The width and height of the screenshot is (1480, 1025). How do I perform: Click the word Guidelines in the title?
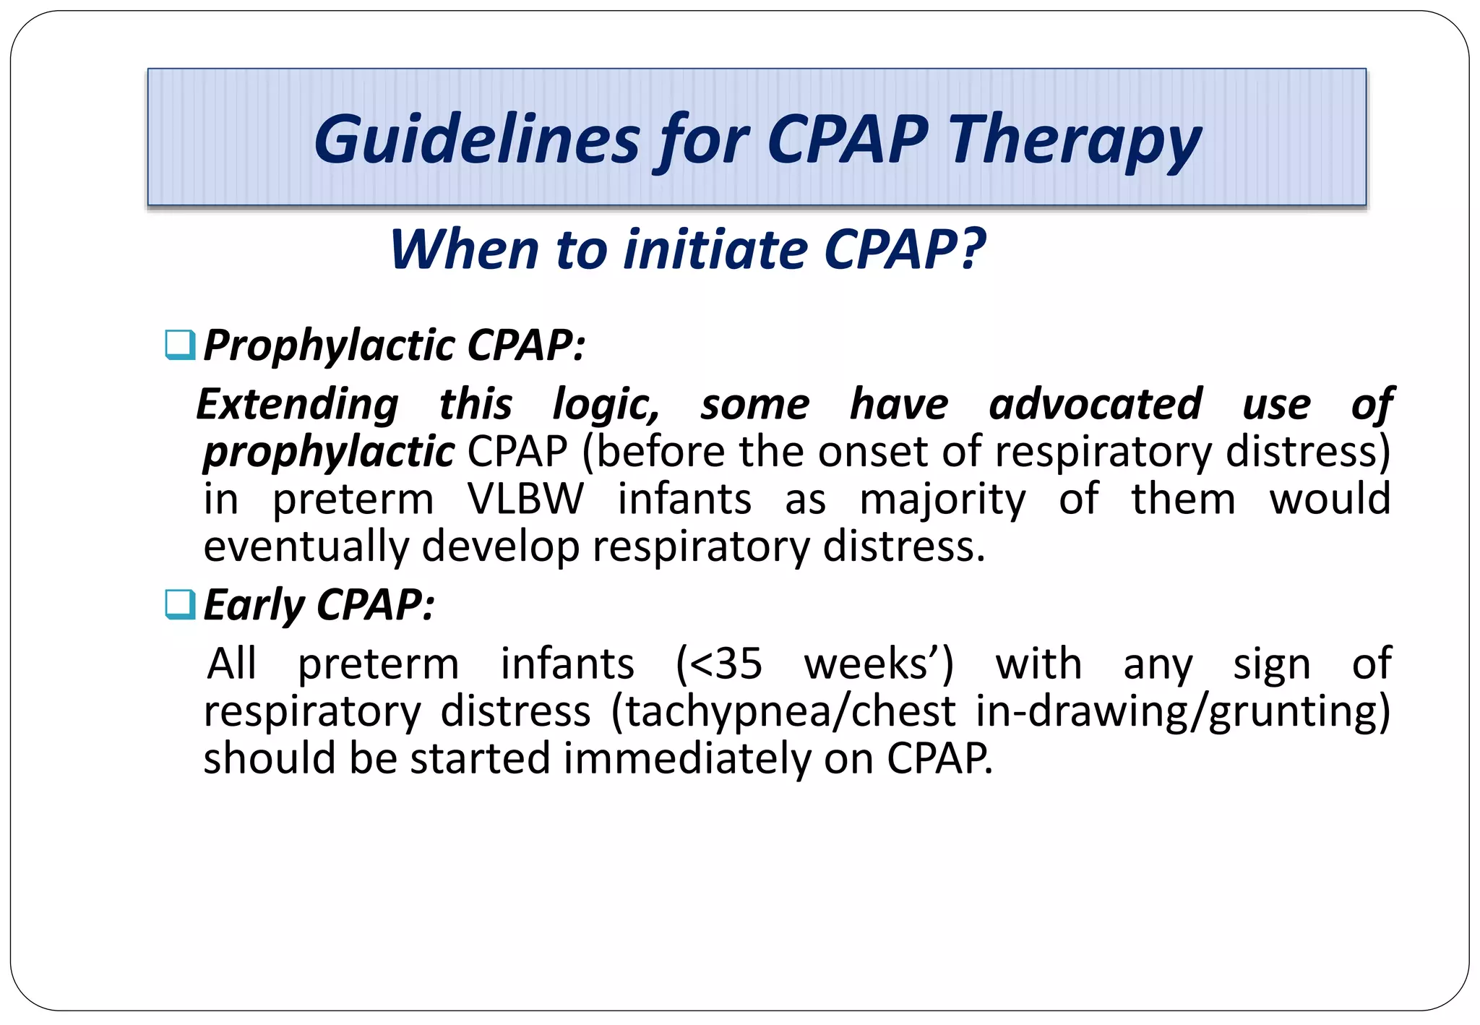[x=477, y=140]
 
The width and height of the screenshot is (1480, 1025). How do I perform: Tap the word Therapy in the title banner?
[x=1075, y=140]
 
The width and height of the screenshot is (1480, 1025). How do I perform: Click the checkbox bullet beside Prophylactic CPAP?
[x=180, y=345]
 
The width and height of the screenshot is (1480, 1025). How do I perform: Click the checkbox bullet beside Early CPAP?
[x=180, y=604]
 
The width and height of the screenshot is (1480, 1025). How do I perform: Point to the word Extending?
[x=297, y=404]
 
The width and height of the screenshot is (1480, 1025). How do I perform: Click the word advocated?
[x=1095, y=404]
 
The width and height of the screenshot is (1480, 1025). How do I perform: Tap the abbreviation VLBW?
[x=525, y=499]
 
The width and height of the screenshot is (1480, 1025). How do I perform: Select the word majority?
[x=942, y=499]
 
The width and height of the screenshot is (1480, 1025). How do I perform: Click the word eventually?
[x=306, y=546]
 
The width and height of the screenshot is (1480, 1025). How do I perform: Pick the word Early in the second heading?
[x=254, y=604]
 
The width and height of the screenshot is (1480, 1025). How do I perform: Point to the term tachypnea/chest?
[x=791, y=711]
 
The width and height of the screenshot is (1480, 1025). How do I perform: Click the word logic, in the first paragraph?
[x=606, y=404]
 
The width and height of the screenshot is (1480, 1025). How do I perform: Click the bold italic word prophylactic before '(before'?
[x=329, y=452]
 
